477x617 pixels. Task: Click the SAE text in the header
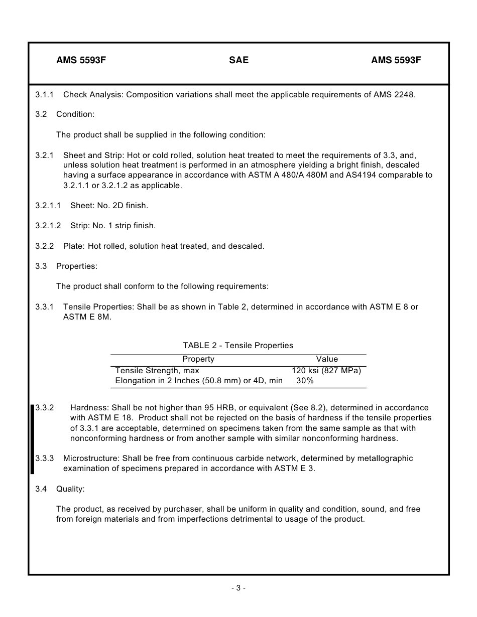[238, 60]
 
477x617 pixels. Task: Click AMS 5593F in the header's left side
[81, 60]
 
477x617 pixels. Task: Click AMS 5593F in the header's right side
[396, 60]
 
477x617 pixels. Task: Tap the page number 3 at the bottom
[238, 588]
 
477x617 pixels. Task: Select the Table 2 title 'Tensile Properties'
[238, 345]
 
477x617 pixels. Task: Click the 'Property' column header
[198, 359]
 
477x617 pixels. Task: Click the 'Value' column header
[327, 359]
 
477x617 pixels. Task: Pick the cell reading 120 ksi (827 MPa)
[326, 371]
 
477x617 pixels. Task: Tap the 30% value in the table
[305, 381]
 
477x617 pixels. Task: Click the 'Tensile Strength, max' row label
[157, 371]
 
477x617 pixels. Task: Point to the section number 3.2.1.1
[48, 205]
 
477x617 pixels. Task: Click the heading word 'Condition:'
[75, 114]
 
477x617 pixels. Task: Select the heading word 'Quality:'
[70, 489]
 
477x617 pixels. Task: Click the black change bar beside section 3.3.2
[33, 439]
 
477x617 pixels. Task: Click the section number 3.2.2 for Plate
[44, 246]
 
